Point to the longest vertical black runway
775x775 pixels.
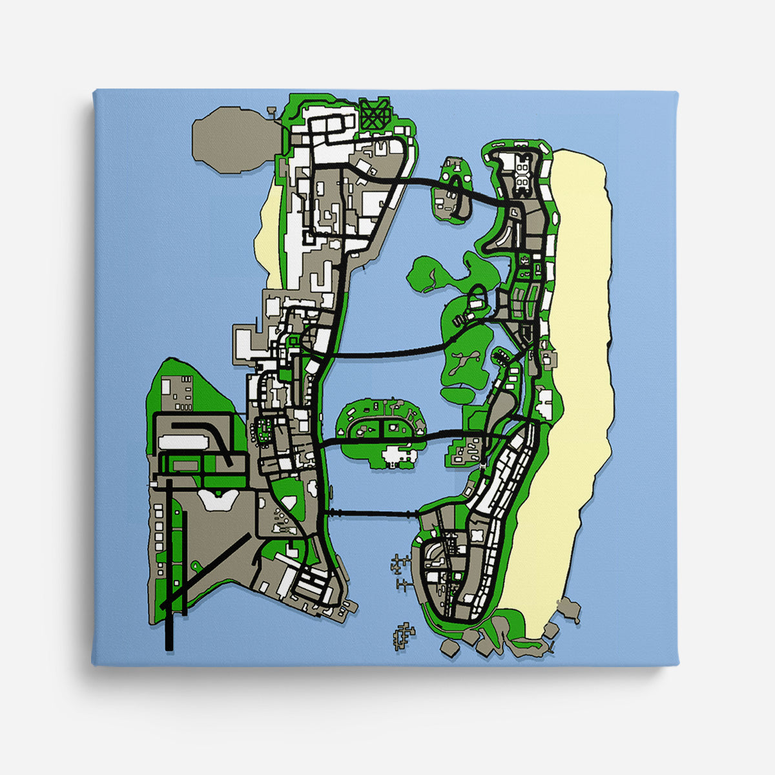(x=169, y=562)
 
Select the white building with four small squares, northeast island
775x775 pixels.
(x=522, y=171)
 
